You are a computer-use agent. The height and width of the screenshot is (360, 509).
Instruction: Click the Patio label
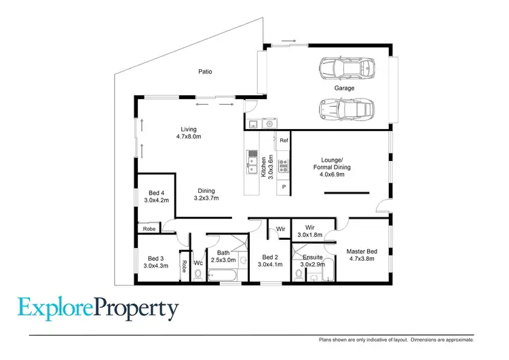click(x=205, y=71)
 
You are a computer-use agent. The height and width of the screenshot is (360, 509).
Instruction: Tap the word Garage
click(x=344, y=88)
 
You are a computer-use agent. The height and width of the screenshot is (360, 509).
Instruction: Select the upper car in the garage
click(x=346, y=67)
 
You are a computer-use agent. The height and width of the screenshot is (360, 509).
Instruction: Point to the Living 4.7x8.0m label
click(x=188, y=133)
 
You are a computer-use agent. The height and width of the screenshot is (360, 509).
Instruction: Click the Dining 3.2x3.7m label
click(x=206, y=195)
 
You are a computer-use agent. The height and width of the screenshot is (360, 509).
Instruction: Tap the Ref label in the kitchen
click(x=284, y=140)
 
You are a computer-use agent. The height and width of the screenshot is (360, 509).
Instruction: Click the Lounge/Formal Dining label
click(x=333, y=168)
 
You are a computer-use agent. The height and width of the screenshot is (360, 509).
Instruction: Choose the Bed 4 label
click(x=156, y=196)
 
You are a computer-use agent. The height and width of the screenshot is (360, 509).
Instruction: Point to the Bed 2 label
click(x=270, y=262)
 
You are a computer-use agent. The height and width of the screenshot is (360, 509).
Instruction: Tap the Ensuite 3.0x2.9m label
click(x=313, y=262)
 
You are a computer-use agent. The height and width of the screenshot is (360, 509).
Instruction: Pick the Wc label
click(x=199, y=263)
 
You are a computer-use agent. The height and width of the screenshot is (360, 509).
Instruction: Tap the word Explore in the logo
click(x=56, y=309)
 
